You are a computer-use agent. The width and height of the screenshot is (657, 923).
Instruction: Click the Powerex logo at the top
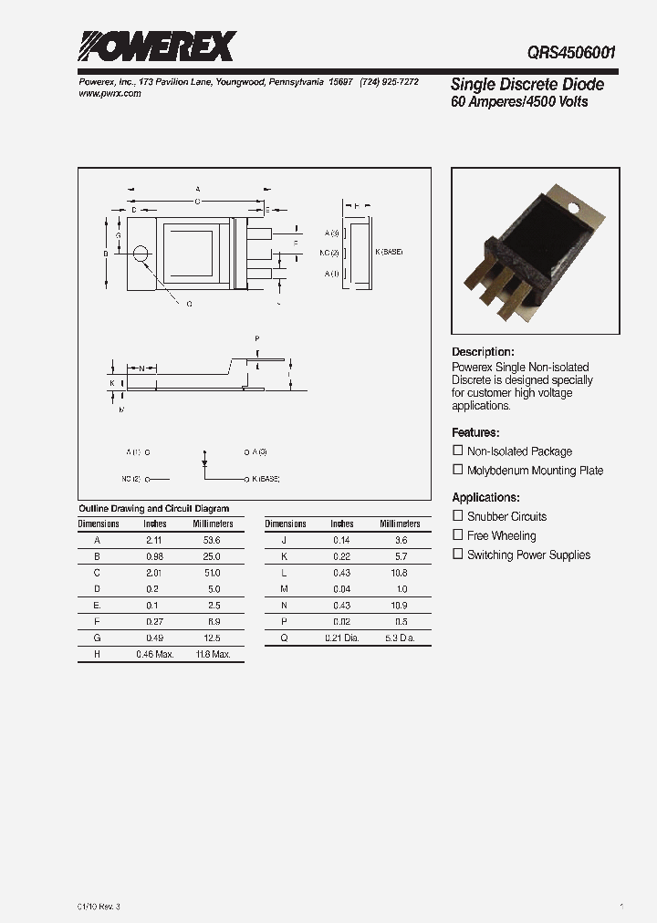click(x=157, y=47)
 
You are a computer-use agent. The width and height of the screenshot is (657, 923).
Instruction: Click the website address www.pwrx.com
click(x=109, y=94)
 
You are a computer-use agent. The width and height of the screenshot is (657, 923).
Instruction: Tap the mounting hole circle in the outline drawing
click(x=141, y=254)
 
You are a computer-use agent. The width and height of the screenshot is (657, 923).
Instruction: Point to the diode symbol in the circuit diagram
click(x=203, y=462)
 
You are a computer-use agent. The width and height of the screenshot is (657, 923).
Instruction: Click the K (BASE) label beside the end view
click(x=389, y=251)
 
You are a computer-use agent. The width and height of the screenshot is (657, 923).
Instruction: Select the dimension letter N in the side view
click(x=141, y=368)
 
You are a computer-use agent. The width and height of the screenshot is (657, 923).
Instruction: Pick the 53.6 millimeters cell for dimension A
click(x=212, y=540)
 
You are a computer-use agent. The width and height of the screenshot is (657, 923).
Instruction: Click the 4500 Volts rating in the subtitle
click(x=557, y=101)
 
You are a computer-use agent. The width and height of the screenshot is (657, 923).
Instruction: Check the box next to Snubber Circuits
click(x=458, y=516)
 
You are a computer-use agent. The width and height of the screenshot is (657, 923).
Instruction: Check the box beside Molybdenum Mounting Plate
click(x=458, y=470)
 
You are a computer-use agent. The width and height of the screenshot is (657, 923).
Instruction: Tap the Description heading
click(x=483, y=352)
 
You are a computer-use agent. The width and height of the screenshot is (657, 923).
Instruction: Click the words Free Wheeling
click(x=501, y=535)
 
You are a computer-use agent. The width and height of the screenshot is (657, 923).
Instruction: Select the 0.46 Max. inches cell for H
click(x=154, y=654)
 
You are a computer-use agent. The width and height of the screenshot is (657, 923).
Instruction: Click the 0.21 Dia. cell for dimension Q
click(x=342, y=638)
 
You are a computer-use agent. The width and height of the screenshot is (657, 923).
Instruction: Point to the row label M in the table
click(x=285, y=589)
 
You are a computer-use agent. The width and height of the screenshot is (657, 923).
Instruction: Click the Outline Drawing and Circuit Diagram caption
click(x=153, y=508)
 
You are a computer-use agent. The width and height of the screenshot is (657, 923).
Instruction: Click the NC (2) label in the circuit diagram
click(x=132, y=478)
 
